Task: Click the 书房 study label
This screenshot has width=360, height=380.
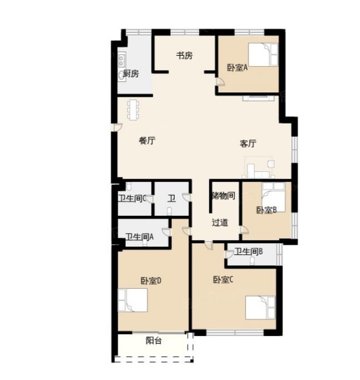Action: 184,56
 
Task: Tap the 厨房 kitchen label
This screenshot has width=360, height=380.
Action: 131,73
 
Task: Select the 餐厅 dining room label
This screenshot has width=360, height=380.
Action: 147,141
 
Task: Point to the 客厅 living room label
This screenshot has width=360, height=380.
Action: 248,144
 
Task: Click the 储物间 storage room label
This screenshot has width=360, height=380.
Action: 223,195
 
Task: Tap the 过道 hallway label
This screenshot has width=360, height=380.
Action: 220,223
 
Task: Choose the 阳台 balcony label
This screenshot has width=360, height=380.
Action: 154,340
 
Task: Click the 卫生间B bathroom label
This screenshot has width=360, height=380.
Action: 248,251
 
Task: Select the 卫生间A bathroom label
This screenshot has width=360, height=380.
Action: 140,236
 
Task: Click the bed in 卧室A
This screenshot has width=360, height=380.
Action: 263,55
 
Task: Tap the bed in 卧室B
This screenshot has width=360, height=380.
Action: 273,198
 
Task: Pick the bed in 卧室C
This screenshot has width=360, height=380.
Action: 260,308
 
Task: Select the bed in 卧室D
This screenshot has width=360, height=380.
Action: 132,300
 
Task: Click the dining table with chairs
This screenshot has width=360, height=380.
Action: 134,110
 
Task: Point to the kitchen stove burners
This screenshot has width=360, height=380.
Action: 121,60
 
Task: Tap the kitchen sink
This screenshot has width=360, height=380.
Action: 121,75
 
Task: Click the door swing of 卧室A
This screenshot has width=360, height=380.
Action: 220,82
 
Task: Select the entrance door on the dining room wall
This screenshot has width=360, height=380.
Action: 117,127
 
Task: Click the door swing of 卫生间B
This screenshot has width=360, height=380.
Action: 229,255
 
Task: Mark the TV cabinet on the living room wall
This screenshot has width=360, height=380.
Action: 258,98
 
